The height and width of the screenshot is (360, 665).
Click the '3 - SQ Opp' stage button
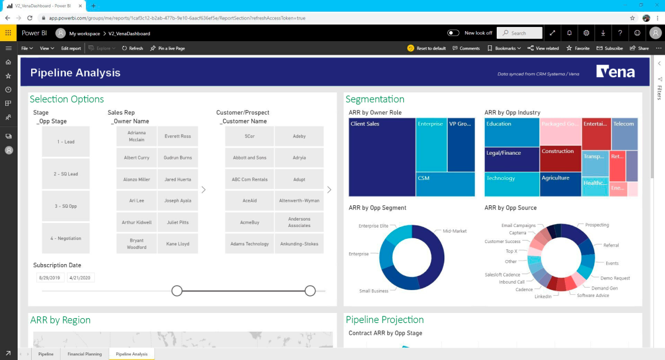pos(65,206)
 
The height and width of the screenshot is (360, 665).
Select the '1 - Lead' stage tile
pos(65,142)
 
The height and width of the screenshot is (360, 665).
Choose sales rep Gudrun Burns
pos(178,158)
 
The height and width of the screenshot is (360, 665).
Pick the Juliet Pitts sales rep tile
pos(178,222)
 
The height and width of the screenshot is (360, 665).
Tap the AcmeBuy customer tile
pos(250,222)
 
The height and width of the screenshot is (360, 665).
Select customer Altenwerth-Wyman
pos(299,201)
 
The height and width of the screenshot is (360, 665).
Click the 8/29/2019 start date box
pos(49,278)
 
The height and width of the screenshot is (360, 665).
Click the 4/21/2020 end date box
pos(81,278)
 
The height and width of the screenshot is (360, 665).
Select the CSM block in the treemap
pos(445,184)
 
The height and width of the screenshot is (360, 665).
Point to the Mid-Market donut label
pos(454,231)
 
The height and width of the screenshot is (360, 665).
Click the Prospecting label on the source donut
pos(597,225)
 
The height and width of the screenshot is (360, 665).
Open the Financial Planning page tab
pos(85,354)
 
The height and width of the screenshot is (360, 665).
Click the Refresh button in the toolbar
pos(132,48)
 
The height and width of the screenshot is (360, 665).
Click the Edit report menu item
pos(71,48)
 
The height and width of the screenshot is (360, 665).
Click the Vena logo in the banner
pos(616,72)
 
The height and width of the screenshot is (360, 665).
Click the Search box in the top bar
pos(519,33)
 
